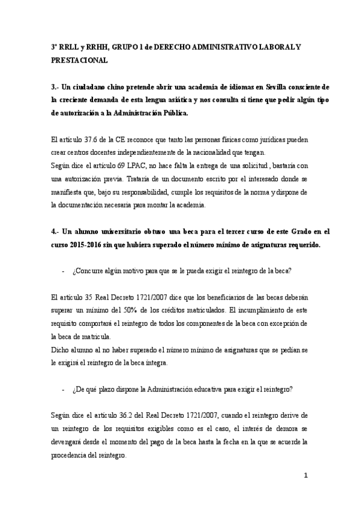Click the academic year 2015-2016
pyautogui.click(x=85, y=244)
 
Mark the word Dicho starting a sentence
pyautogui.click(x=60, y=349)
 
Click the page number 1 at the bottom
pyautogui.click(x=307, y=477)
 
